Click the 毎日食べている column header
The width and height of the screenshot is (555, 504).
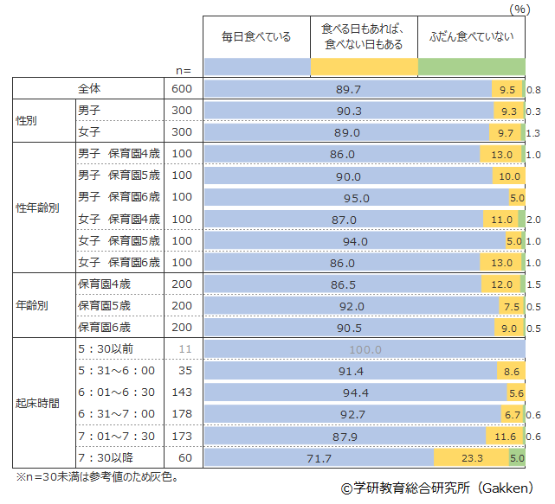(x=256, y=36)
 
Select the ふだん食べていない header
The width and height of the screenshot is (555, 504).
(x=472, y=36)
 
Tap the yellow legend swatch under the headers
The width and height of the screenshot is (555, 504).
(x=364, y=67)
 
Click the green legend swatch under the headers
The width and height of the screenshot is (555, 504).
(x=472, y=67)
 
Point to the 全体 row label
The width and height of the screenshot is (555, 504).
(x=89, y=89)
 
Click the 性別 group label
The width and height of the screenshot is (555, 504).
(x=27, y=122)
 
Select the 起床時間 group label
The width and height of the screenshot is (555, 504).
(x=37, y=404)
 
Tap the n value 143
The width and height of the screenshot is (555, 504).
(x=182, y=392)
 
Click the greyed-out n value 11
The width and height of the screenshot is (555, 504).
(x=183, y=349)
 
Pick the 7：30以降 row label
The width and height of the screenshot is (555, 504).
(x=103, y=457)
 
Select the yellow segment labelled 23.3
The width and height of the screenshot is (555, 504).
(x=472, y=458)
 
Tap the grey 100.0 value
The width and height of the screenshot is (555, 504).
(x=364, y=349)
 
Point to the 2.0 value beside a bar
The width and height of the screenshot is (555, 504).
(x=534, y=220)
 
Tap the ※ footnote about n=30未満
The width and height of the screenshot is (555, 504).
(x=96, y=476)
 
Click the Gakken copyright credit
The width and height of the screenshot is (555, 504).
(x=436, y=489)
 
